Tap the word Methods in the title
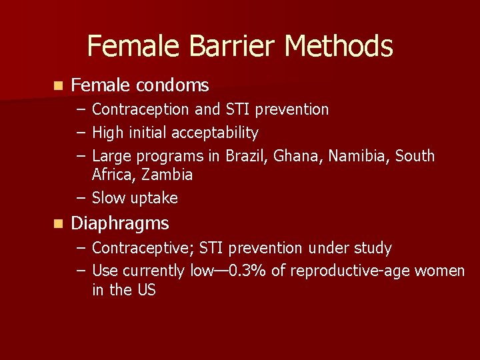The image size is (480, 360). (339, 47)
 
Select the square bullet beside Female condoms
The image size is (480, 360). (58, 86)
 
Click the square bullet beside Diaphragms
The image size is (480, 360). (58, 224)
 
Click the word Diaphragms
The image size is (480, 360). (120, 223)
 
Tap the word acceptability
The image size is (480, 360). (215, 133)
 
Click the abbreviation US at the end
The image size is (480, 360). (146, 291)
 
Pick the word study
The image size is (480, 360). (375, 249)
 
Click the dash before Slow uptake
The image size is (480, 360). (81, 198)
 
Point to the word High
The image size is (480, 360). (106, 133)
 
